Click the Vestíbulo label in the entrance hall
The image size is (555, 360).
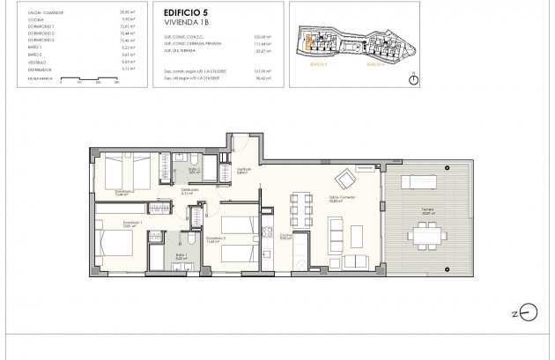(244, 171)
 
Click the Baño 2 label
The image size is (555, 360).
(195, 170)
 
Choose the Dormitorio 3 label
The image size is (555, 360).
(217, 238)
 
